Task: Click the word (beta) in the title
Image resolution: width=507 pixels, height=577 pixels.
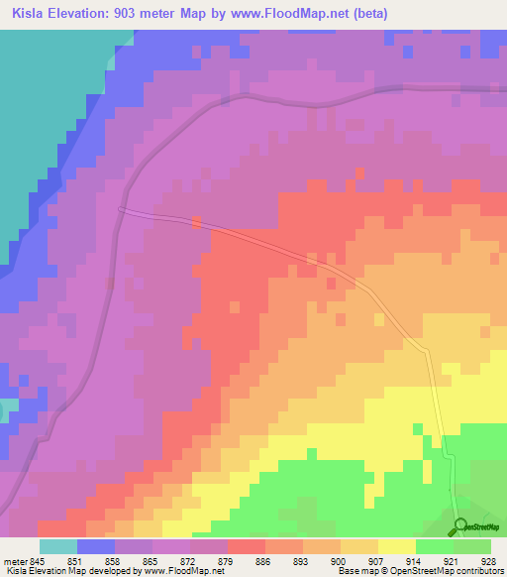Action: click(x=367, y=14)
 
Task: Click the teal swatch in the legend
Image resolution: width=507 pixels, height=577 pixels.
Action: click(x=57, y=546)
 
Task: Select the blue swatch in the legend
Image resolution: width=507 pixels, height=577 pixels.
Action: click(x=95, y=546)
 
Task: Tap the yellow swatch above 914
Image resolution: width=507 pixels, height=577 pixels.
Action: click(x=396, y=546)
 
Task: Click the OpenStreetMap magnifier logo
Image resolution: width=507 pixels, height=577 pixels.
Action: click(x=460, y=525)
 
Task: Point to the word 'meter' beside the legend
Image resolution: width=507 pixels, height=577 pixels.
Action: click(x=16, y=560)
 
